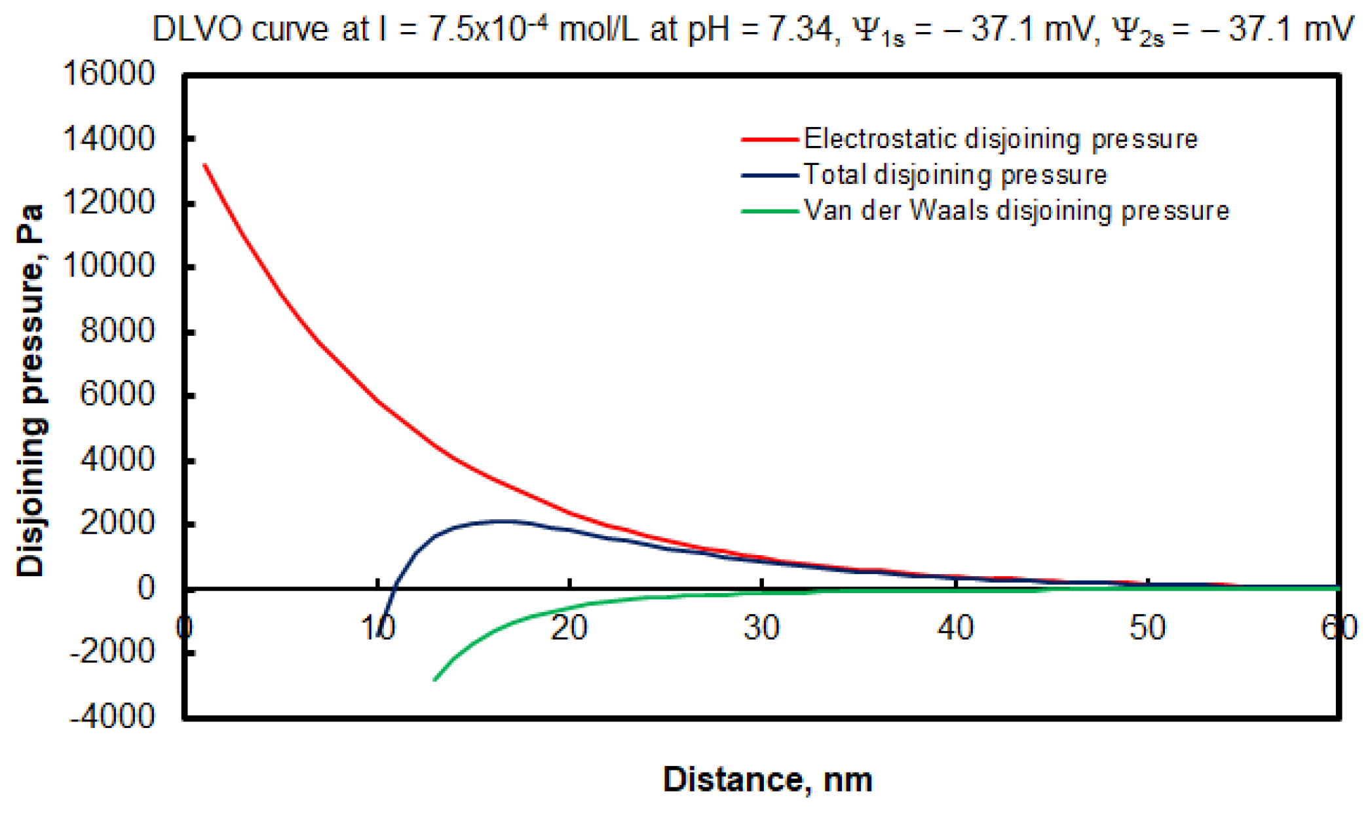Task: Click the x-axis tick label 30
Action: coord(761,628)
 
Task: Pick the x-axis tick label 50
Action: coord(1147,628)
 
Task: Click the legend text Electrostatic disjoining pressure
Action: coord(1000,139)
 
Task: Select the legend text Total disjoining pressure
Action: coord(955,175)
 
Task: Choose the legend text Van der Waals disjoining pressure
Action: coord(1016,211)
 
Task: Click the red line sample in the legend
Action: coord(769,139)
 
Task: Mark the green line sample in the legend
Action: coord(769,211)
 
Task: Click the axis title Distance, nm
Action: coord(767,779)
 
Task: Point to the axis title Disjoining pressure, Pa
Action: coord(30,391)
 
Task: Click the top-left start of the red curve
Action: coord(205,165)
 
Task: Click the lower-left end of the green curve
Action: coord(435,680)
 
